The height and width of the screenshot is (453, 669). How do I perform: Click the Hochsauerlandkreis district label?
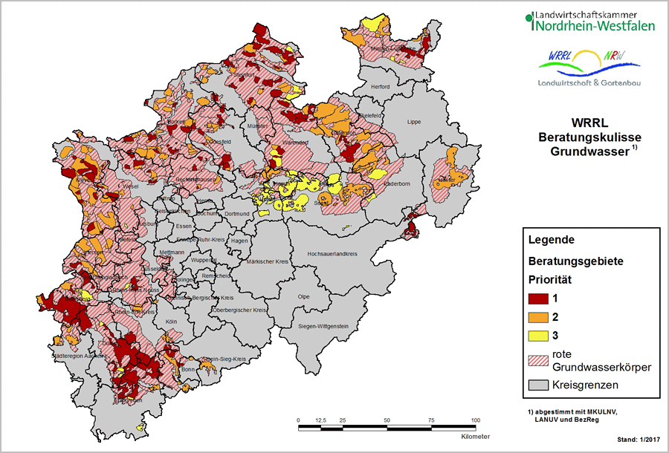328,254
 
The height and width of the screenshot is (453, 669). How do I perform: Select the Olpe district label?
303,296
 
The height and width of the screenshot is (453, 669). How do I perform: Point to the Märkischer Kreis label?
265,261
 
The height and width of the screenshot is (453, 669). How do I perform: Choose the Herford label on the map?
380,87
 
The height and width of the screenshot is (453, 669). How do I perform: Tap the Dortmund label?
237,214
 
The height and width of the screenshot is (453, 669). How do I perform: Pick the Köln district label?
172,322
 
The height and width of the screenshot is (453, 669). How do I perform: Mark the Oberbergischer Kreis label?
239,310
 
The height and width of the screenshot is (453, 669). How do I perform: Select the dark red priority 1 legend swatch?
538,299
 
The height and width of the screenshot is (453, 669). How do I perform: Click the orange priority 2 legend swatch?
538,318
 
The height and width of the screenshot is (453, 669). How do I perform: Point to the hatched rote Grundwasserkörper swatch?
538,359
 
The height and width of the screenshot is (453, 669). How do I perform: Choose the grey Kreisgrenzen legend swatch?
538,385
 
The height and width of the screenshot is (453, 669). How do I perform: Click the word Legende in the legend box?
551,241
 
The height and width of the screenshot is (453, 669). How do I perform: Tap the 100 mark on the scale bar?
476,420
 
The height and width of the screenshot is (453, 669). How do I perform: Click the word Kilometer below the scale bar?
475,437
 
